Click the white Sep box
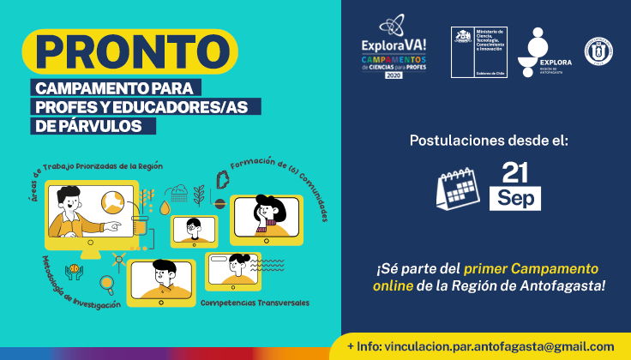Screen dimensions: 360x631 515,198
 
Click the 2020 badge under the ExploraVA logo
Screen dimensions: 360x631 394,75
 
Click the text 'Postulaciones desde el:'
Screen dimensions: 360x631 489,139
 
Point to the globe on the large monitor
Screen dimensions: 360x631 111,203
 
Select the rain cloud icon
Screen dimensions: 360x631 179,192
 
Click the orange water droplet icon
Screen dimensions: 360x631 164,207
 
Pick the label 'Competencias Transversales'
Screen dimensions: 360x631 255,303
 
